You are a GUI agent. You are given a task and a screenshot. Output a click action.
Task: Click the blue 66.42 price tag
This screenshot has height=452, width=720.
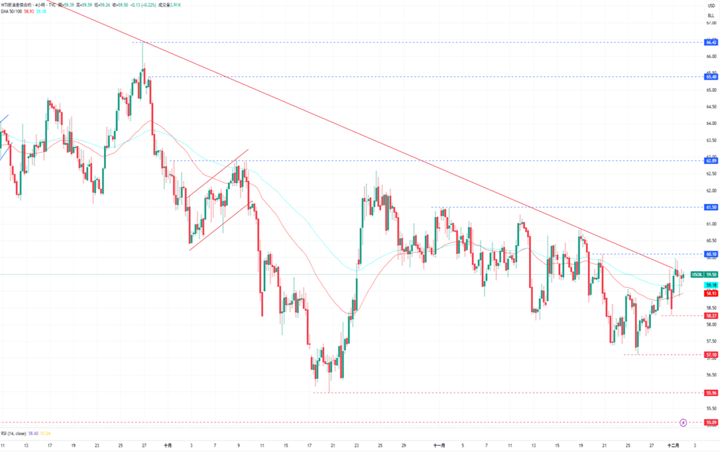coord(711,42)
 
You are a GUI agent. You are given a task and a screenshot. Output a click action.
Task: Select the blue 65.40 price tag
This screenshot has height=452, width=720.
coord(711,77)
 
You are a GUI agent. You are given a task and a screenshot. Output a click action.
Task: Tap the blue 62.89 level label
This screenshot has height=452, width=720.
coord(711,160)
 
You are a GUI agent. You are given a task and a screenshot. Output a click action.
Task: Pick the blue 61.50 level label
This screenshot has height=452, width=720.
coord(711,207)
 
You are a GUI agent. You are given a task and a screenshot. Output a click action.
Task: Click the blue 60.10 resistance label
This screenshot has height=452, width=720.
coord(711,254)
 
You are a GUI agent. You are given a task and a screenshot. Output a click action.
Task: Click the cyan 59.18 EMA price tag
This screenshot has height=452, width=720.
coord(711,285)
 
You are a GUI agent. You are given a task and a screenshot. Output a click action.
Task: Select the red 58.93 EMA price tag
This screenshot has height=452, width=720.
coord(711,293)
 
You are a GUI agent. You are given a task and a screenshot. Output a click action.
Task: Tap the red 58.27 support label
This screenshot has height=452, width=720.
coord(711,316)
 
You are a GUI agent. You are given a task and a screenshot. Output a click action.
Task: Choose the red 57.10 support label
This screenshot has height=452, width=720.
coord(711,355)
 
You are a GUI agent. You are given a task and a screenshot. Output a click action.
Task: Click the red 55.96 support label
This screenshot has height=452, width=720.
coord(711,393)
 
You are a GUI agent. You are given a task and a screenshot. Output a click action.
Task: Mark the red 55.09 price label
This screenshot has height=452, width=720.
coord(711,422)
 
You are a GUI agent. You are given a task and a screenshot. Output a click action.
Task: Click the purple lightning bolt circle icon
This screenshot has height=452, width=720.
coord(684,422)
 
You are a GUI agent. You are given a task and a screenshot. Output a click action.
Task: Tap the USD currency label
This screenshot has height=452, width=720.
coord(711,5)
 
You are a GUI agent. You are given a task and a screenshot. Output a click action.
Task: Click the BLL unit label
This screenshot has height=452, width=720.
coord(711,14)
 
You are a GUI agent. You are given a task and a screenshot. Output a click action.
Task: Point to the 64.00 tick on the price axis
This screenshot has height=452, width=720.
coord(711,124)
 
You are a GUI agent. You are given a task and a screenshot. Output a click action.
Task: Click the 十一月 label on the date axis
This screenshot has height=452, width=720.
coord(439,446)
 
